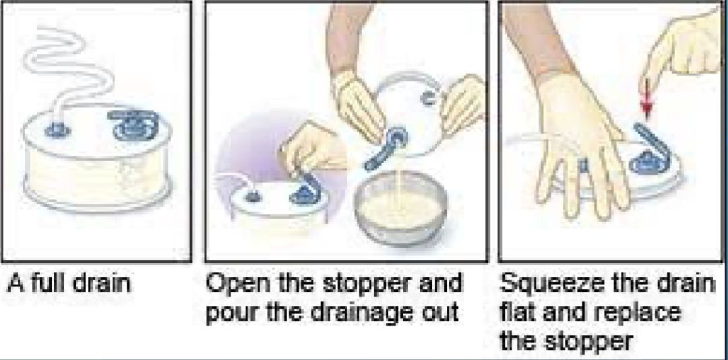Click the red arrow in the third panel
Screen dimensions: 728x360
(646, 99)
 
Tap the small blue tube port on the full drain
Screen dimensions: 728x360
(57, 131)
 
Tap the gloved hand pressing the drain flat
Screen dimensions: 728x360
(580, 148)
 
